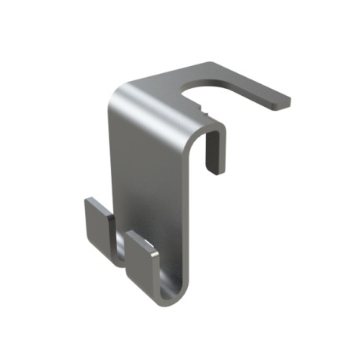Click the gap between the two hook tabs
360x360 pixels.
pyautogui.click(x=118, y=240)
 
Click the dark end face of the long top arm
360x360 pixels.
pyautogui.click(x=282, y=102)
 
